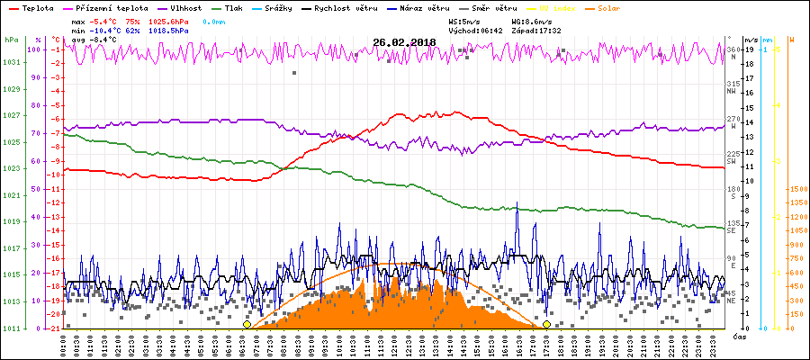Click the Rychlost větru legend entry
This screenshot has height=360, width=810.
click(364, 7)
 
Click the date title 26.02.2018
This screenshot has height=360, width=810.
click(404, 41)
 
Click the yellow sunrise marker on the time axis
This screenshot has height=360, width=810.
click(247, 324)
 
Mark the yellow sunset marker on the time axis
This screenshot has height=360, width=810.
click(547, 324)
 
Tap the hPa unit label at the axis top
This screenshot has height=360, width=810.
click(11, 40)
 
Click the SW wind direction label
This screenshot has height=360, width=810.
click(732, 160)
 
